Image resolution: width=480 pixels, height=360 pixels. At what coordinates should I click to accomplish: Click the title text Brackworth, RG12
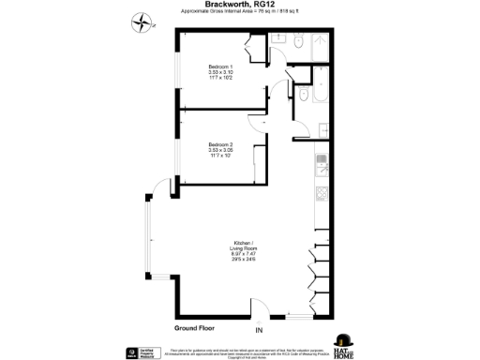(239, 6)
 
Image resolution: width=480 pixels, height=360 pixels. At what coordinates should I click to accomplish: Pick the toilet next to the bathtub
(305, 97)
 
